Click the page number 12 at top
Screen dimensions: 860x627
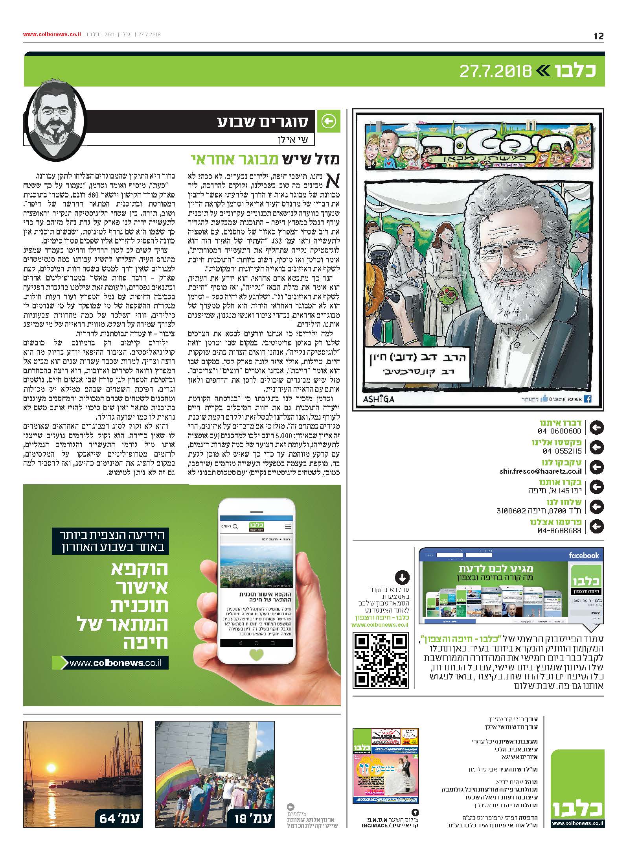click(598, 36)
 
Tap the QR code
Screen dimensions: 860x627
click(381, 661)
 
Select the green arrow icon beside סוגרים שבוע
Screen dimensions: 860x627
click(329, 122)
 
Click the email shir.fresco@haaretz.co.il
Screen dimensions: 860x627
click(541, 471)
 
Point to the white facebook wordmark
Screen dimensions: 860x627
click(583, 555)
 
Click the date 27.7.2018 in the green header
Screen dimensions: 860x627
click(495, 71)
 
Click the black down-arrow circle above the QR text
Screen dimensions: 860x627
click(402, 578)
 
